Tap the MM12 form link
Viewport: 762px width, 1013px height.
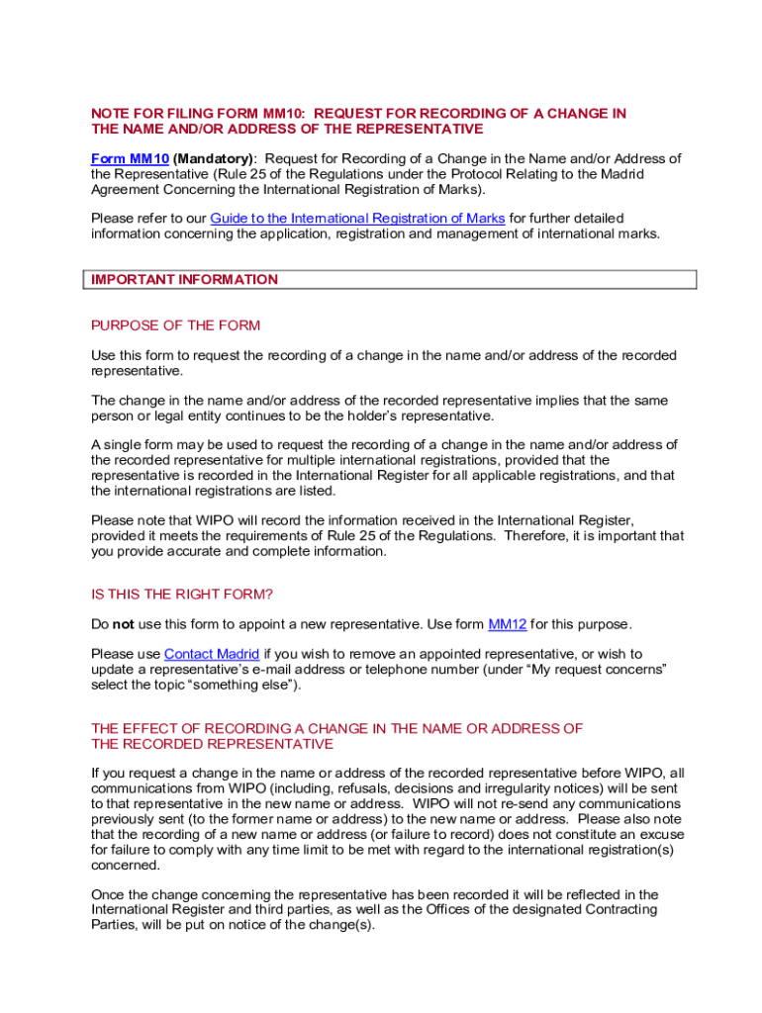[x=508, y=624]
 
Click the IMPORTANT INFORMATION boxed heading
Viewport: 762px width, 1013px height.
[x=185, y=280]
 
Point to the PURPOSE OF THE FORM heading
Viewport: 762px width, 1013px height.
[x=175, y=325]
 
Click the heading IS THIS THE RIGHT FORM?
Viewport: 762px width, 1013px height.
[x=181, y=595]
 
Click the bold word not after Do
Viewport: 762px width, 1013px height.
[x=123, y=624]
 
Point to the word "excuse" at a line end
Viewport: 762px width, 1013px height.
[x=662, y=834]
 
